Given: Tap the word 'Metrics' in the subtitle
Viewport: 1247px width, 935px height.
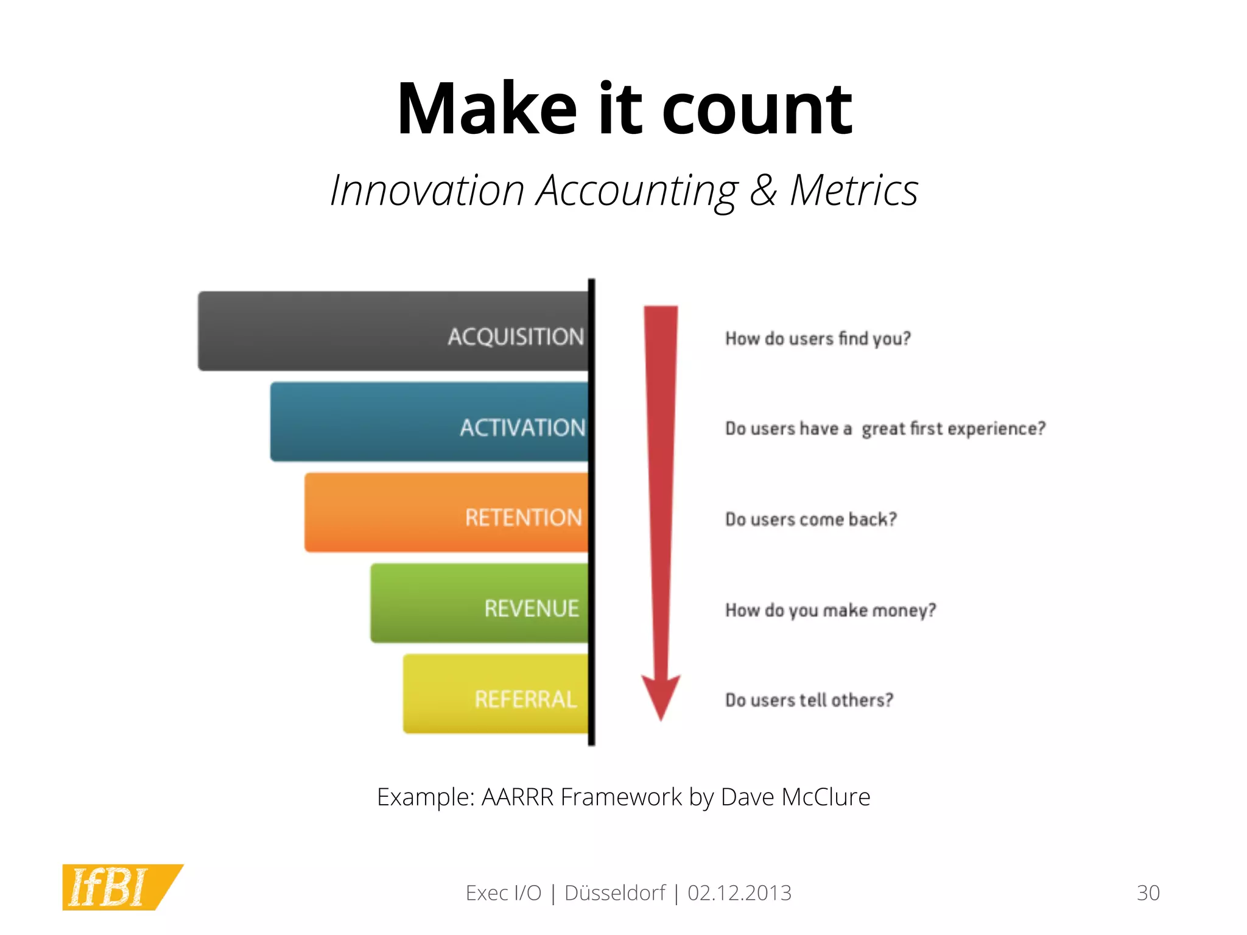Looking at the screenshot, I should [x=854, y=191].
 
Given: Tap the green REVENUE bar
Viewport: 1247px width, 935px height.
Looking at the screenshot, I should [x=479, y=603].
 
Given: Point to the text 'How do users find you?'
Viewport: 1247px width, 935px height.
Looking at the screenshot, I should [x=818, y=338].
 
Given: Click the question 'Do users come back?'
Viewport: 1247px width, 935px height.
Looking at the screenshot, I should [x=810, y=519].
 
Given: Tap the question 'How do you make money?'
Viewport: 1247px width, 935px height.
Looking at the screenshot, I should [x=830, y=610].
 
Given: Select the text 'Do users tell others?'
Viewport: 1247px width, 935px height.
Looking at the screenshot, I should [x=809, y=700].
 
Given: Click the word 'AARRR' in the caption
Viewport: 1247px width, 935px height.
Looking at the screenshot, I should [x=518, y=797].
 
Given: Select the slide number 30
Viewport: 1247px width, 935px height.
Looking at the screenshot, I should [x=1148, y=893].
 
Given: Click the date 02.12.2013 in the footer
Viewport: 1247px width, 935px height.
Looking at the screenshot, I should [x=739, y=893].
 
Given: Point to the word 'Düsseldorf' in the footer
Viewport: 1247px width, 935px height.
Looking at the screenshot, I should [x=615, y=893].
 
